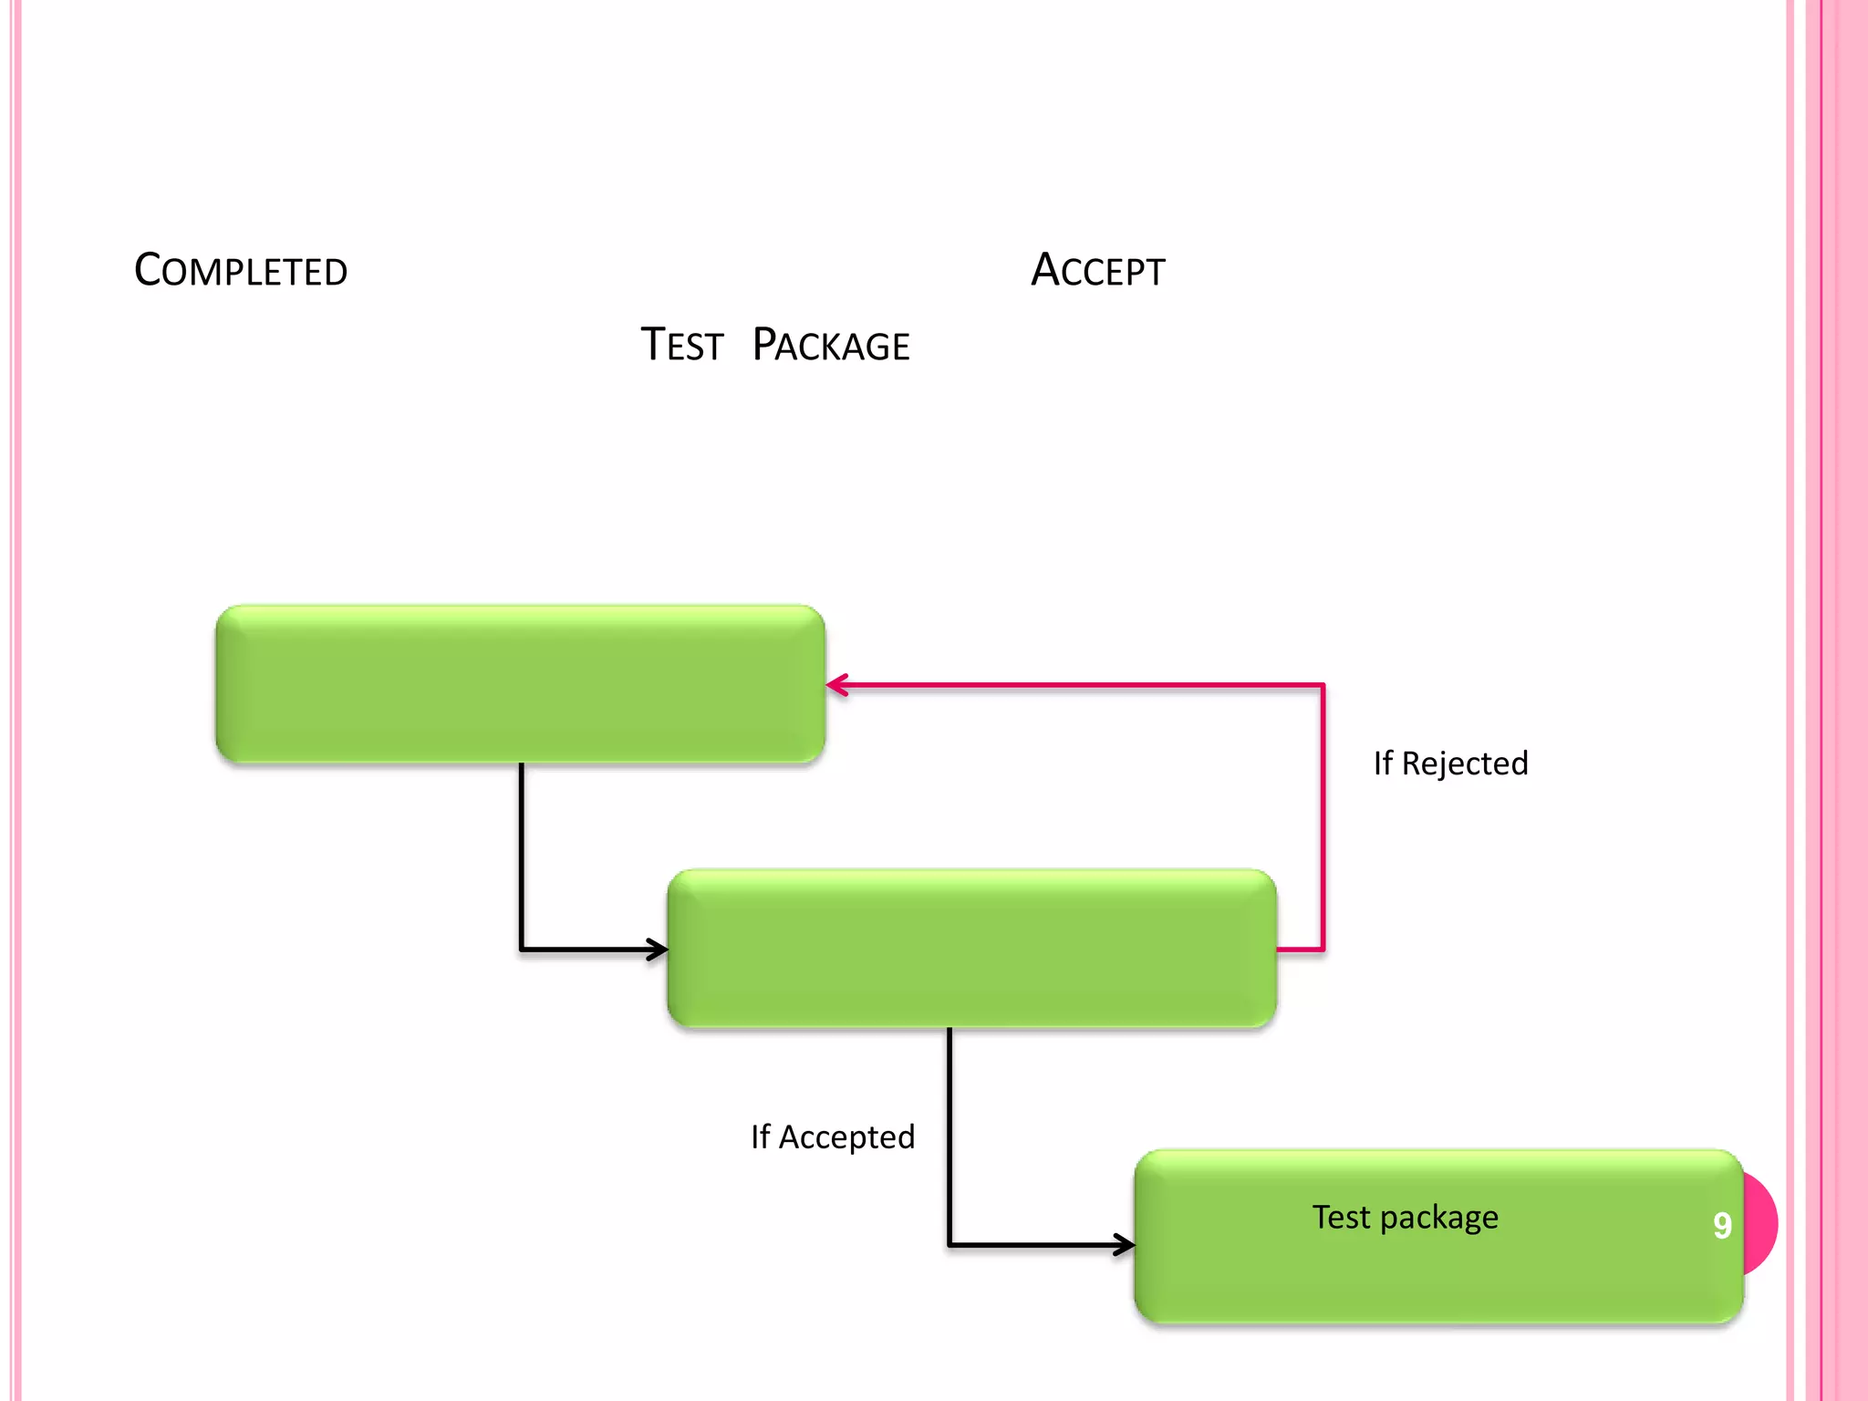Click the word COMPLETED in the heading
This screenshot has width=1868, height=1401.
pyautogui.click(x=241, y=271)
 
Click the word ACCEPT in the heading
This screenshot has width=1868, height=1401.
pyautogui.click(x=1098, y=271)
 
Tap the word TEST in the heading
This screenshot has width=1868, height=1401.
pyautogui.click(x=682, y=346)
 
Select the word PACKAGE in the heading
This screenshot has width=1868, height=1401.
pyautogui.click(x=831, y=346)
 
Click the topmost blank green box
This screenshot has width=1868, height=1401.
pyautogui.click(x=520, y=684)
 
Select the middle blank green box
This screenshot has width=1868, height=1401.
pyautogui.click(x=971, y=949)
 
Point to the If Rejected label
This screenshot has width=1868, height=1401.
pyautogui.click(x=1450, y=763)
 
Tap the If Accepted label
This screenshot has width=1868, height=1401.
pyautogui.click(x=832, y=1137)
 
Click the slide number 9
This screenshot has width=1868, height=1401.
pyautogui.click(x=1722, y=1225)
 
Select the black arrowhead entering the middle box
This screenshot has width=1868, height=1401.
pyautogui.click(x=659, y=950)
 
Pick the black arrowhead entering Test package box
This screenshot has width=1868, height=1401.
pyautogui.click(x=1126, y=1244)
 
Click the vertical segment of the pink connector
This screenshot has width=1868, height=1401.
pyautogui.click(x=1323, y=821)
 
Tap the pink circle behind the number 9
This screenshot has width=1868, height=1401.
pyautogui.click(x=1762, y=1222)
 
